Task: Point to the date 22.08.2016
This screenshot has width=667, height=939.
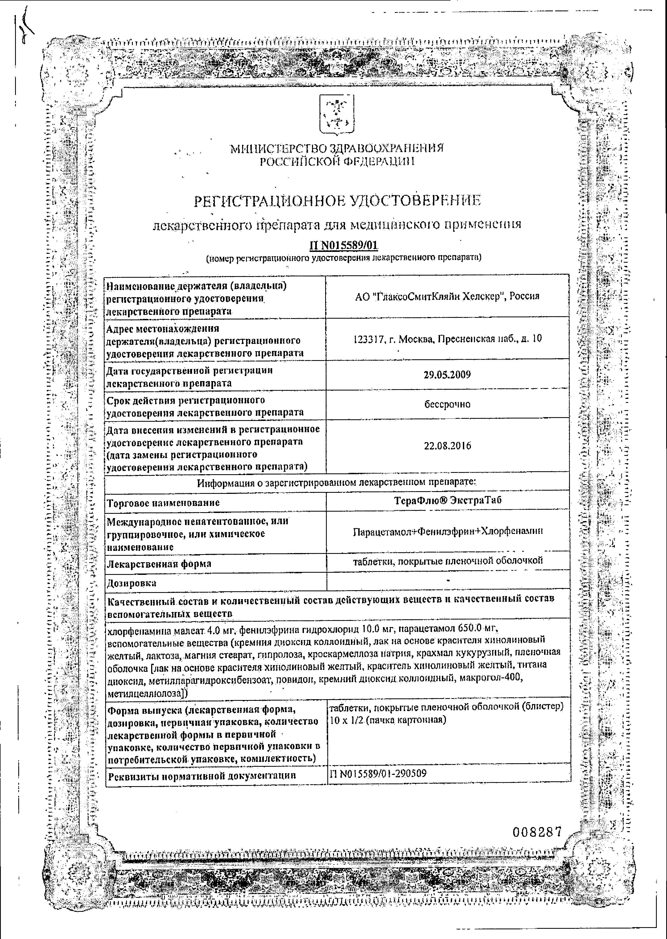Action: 447,445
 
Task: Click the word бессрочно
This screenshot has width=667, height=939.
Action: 447,404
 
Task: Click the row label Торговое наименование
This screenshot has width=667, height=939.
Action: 163,502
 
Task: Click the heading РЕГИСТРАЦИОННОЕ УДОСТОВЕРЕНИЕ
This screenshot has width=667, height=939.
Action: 337,201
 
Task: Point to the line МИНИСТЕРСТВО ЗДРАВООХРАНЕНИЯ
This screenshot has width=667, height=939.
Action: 337,148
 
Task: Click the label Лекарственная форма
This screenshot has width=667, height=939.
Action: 159,564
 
